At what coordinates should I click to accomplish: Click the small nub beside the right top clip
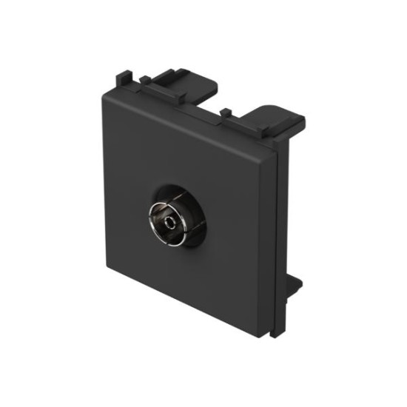coord(225,113)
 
